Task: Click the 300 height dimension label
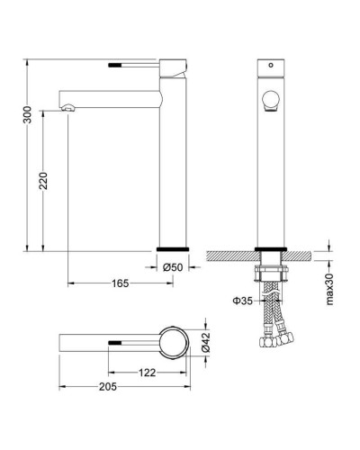coord(28,114)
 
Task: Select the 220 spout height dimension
coord(44,181)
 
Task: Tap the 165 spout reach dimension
coord(120,283)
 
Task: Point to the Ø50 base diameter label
coord(173,267)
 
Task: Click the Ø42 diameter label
coord(206,342)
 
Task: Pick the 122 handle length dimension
coord(148,373)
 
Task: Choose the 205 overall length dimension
coord(108,387)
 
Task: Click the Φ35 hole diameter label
coord(243,301)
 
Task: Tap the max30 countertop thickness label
coord(329,289)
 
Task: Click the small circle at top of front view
coord(271,65)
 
